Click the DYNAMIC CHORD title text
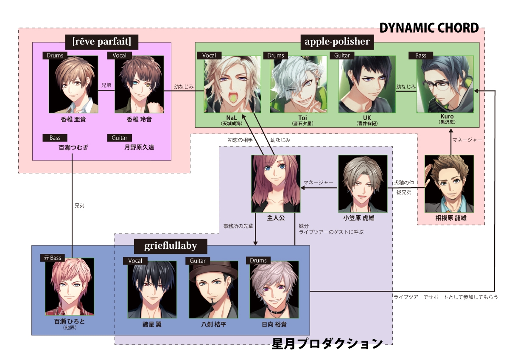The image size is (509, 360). (429, 28)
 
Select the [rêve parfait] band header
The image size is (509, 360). (102, 42)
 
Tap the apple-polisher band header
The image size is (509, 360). (337, 42)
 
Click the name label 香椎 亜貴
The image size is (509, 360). (73, 120)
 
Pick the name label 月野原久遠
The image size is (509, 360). (139, 147)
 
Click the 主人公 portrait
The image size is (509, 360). (276, 183)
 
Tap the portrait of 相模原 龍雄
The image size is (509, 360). (449, 183)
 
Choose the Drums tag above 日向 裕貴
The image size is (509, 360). (258, 260)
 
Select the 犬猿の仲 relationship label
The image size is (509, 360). (404, 183)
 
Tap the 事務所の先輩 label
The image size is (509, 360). (238, 226)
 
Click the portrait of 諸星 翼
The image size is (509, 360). (152, 290)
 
